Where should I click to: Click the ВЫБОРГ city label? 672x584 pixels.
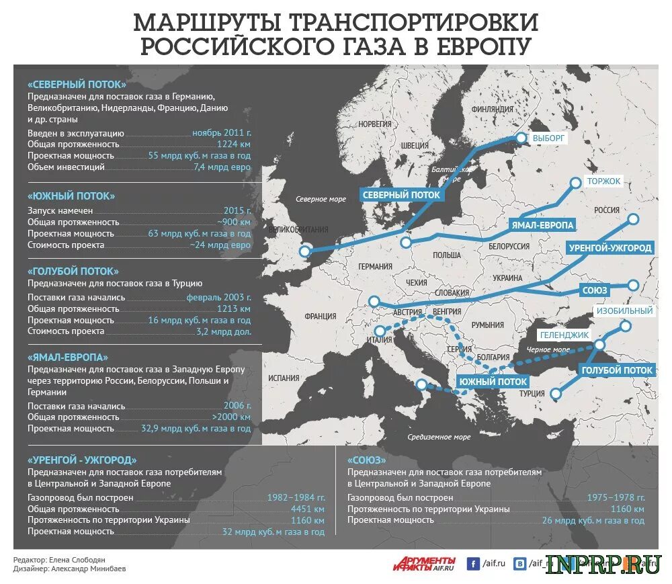click(x=550, y=138)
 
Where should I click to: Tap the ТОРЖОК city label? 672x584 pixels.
click(x=603, y=181)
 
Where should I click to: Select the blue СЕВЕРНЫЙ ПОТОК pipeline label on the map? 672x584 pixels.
click(x=401, y=195)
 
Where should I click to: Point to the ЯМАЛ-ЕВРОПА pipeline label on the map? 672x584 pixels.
click(x=542, y=224)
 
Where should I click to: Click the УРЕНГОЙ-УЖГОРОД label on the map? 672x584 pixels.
click(x=610, y=248)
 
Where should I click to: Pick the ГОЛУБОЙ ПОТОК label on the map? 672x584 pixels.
click(x=616, y=370)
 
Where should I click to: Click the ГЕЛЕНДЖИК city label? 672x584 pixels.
click(x=564, y=335)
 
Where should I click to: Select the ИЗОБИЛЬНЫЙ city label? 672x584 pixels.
click(x=624, y=311)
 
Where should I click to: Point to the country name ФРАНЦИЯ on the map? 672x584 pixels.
click(x=320, y=316)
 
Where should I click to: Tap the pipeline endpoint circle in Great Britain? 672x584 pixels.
click(x=305, y=251)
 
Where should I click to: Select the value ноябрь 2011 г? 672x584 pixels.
click(x=221, y=132)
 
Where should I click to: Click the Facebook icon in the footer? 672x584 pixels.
click(x=473, y=564)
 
